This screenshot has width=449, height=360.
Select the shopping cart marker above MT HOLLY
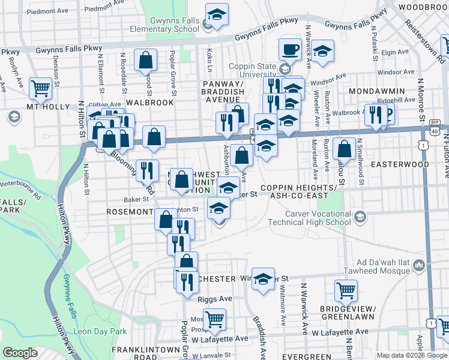(40, 88)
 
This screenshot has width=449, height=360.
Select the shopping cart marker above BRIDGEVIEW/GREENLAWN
(346, 290)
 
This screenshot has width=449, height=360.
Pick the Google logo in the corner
(20, 353)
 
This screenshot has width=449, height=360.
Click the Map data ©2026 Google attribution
(412, 355)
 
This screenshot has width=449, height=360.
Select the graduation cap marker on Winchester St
(263, 280)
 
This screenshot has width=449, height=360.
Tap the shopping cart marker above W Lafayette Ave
(214, 319)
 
